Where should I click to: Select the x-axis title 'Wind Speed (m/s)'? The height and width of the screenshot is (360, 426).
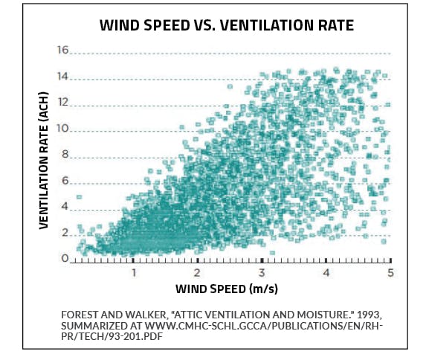tap(225, 287)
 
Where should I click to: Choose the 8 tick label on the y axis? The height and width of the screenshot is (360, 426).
tap(65, 155)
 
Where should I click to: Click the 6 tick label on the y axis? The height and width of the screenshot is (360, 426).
tap(65, 181)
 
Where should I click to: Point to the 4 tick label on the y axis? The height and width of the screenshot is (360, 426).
tap(65, 208)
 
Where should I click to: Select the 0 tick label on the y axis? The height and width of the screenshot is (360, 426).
tap(65, 259)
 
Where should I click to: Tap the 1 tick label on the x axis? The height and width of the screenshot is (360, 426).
tap(134, 273)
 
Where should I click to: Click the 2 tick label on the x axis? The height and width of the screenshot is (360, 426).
tap(198, 273)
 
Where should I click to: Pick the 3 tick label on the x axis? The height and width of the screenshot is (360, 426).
tap(262, 273)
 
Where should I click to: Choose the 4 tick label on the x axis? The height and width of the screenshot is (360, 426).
tap(326, 273)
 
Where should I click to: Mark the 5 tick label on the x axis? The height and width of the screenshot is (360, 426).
tap(390, 273)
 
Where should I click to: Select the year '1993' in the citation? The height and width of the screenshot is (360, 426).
tap(343, 313)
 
